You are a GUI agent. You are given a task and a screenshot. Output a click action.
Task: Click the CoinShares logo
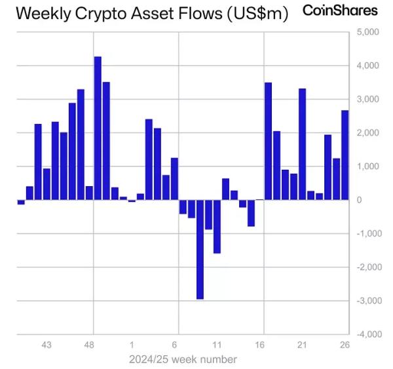coord(340,10)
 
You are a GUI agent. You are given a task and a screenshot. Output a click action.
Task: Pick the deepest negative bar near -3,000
coord(200,249)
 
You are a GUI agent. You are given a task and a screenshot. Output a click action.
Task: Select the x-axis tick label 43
coord(47,345)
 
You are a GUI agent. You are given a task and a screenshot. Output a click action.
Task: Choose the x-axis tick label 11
coord(217,345)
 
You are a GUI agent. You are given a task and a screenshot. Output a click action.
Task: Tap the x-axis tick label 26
coord(345,345)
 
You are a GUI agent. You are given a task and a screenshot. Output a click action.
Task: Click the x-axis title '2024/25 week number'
coord(183,359)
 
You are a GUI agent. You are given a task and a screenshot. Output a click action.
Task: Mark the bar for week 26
coord(345,155)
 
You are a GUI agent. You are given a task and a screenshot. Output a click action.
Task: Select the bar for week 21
coord(302,144)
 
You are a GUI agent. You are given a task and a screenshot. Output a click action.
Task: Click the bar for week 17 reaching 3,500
coord(268,141)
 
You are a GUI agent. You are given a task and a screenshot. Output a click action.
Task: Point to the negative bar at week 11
coord(217,226)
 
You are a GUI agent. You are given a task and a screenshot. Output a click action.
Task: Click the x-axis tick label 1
coord(132,345)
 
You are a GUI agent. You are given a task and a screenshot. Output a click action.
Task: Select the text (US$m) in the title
coord(257,14)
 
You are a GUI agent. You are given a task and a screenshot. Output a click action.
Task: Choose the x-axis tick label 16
coord(259,345)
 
